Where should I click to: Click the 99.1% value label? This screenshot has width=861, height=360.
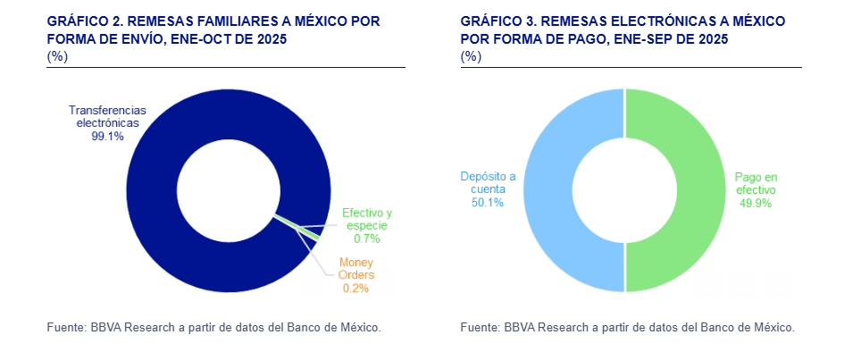[x=107, y=137]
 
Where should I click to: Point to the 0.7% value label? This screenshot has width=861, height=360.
[x=366, y=239]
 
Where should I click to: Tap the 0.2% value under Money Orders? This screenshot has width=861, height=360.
[x=355, y=288]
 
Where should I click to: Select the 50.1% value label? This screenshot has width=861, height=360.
[x=488, y=202]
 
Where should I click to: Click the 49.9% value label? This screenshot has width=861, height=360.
[x=755, y=203]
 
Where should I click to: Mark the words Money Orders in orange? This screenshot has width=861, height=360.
[x=355, y=268]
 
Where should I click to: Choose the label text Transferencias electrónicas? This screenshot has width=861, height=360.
[x=107, y=117]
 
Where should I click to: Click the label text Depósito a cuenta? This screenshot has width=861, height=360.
[x=488, y=182]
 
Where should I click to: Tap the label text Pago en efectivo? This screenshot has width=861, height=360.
[x=755, y=183]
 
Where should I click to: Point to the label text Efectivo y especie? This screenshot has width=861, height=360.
[x=366, y=219]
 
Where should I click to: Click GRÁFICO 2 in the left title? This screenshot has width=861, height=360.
[x=84, y=21]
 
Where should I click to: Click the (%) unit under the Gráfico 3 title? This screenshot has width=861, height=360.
[x=471, y=56]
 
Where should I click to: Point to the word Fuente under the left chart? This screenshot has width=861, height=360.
[x=66, y=328]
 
